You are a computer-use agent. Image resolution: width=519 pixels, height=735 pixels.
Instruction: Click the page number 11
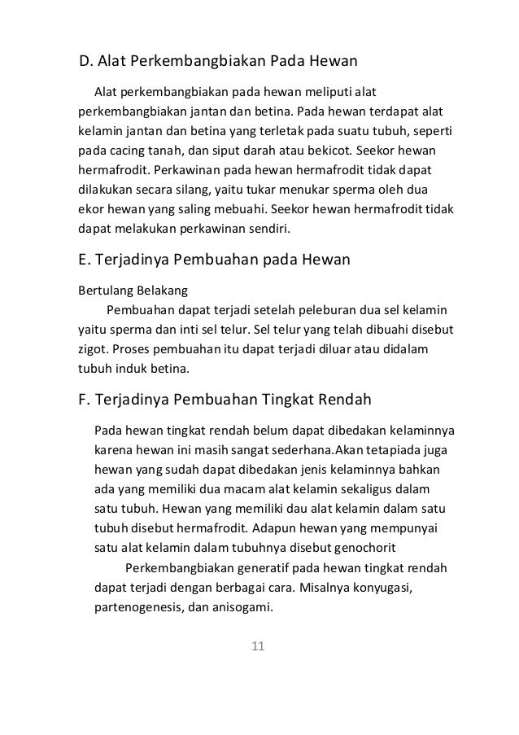(259, 647)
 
